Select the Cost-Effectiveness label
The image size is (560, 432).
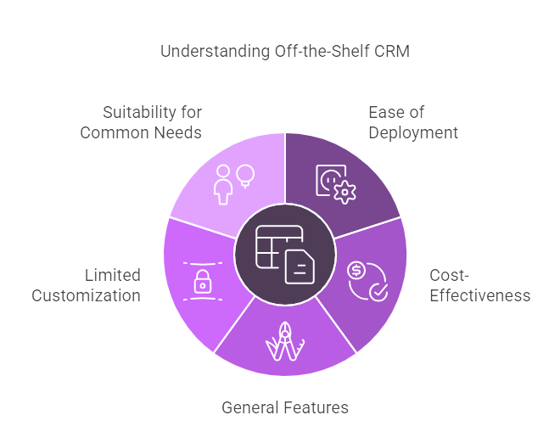[x=479, y=285]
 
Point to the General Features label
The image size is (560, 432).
[x=285, y=407]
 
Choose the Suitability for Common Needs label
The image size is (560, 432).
[x=141, y=122]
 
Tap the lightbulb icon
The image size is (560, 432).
[x=246, y=175]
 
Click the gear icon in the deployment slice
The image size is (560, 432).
[x=343, y=191]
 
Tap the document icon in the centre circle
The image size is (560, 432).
[x=300, y=266]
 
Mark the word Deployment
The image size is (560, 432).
[x=412, y=132]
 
